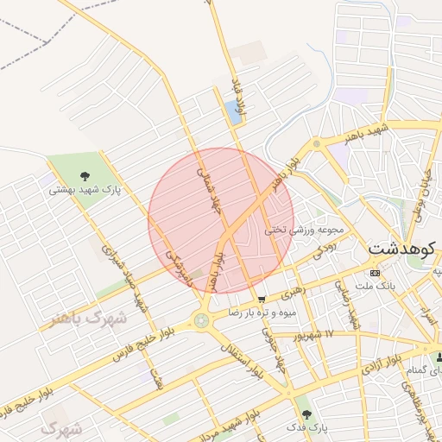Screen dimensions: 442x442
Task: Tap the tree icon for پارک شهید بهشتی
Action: point(85,176)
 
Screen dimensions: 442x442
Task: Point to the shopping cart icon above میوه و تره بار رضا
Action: point(261,300)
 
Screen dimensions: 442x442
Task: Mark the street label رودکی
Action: point(323,250)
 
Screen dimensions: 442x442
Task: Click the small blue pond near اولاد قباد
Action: point(231,110)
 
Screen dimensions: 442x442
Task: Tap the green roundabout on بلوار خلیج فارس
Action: point(201,320)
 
